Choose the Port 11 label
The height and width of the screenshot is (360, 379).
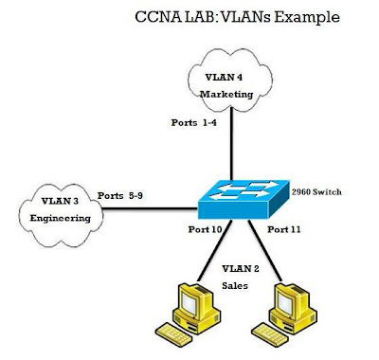click(285, 229)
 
